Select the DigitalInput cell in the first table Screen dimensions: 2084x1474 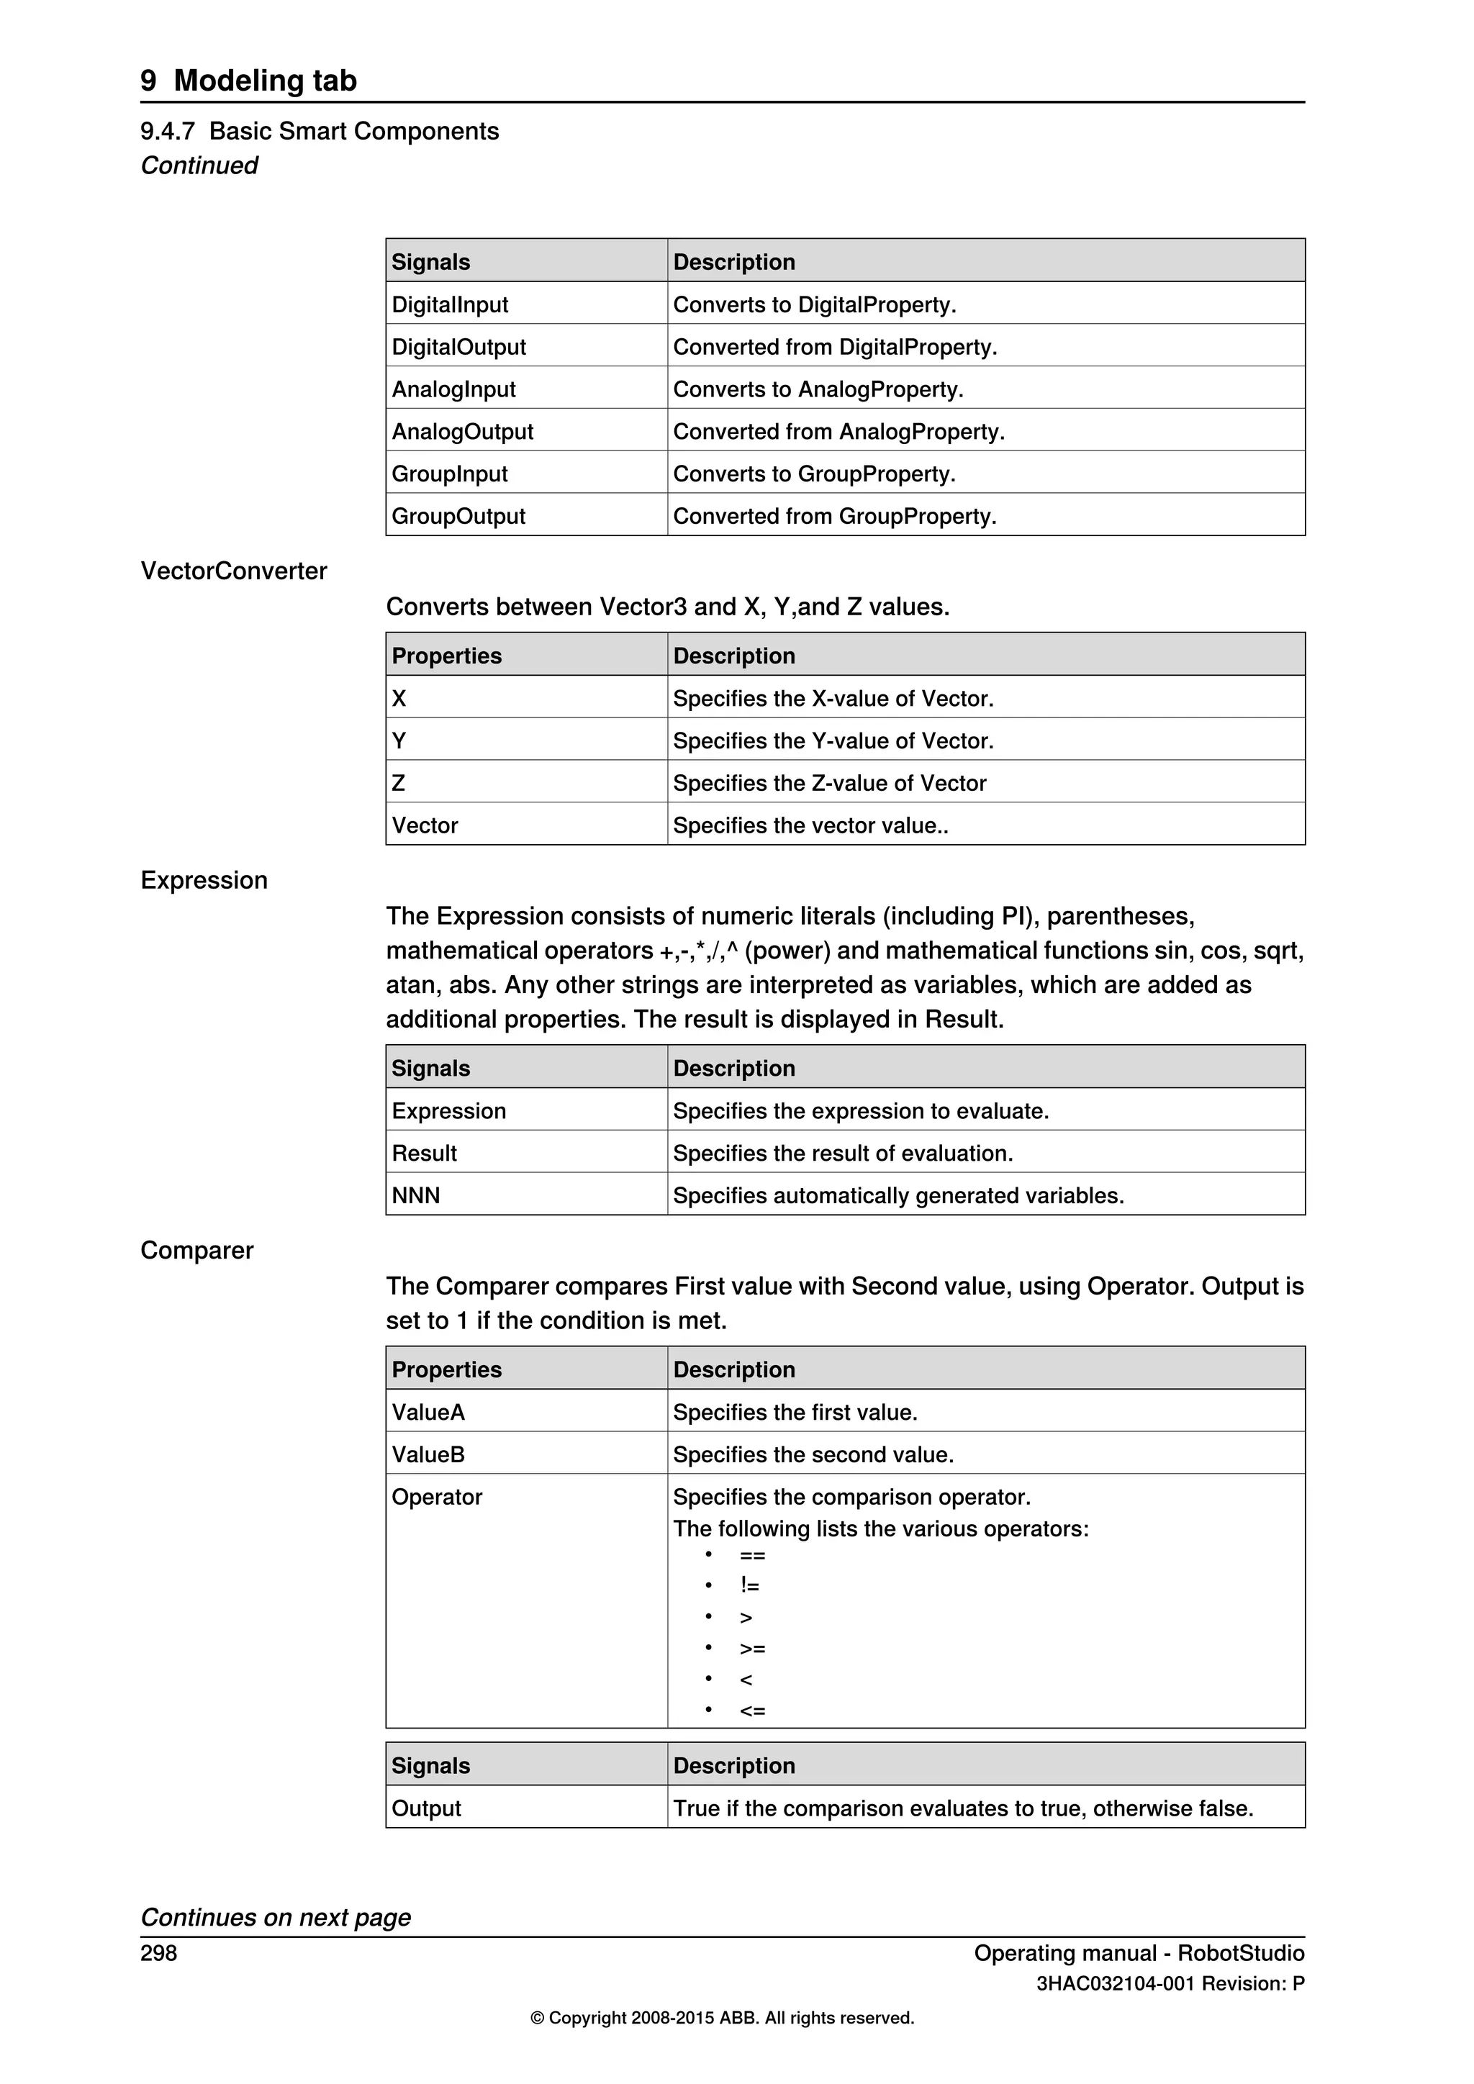click(449, 304)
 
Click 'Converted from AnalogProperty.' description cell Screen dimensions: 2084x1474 click(838, 431)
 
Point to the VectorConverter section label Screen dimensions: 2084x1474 click(233, 570)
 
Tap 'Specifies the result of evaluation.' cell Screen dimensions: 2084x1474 click(842, 1153)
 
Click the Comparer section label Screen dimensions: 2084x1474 click(197, 1250)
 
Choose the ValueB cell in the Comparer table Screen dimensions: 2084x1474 click(428, 1454)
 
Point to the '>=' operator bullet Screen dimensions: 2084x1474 click(751, 1649)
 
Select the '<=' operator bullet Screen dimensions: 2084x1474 click(751, 1711)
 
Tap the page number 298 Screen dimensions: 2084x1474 click(159, 1952)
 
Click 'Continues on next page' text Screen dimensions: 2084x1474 click(275, 1917)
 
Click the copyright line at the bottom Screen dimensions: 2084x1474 click(722, 2018)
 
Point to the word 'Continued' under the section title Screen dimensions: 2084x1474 click(199, 166)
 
